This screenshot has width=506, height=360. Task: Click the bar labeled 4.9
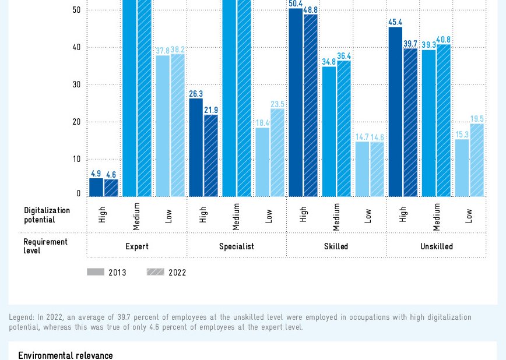(96, 187)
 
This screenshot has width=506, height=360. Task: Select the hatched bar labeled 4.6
(111, 188)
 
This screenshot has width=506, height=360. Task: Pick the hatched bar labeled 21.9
(211, 156)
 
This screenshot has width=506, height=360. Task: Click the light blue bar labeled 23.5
(277, 153)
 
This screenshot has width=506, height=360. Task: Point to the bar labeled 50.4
(296, 103)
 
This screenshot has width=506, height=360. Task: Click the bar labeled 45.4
(395, 112)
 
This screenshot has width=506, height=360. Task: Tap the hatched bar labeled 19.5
(477, 160)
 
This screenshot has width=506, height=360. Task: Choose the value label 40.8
(444, 40)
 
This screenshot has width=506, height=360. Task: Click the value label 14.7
(362, 137)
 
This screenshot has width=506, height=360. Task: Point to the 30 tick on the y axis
(77, 84)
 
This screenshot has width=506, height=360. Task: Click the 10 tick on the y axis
(77, 159)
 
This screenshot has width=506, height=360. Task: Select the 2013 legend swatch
(96, 272)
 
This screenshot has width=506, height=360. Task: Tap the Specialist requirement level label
(237, 246)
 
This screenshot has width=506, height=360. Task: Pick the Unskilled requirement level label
(437, 246)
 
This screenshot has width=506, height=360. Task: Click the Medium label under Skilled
(336, 217)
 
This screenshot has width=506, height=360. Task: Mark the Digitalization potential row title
(47, 215)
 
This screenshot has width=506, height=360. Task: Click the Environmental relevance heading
(65, 355)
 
